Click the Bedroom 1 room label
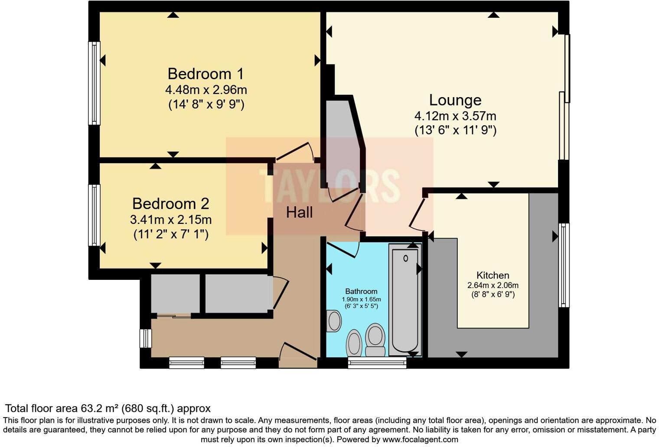point(206,74)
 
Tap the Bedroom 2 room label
point(170,204)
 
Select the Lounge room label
point(455,100)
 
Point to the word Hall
point(299,213)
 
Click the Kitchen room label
point(493,275)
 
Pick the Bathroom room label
point(361,292)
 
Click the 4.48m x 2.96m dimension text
point(206,90)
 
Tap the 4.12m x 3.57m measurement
point(455,116)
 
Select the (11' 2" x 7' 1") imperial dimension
point(171,234)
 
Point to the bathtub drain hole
point(405,259)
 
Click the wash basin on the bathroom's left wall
point(334,321)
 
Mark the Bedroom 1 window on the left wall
point(94,83)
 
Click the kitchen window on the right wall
point(564,265)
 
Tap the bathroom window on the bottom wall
point(377,363)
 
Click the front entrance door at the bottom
point(298,353)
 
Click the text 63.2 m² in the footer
point(100,408)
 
